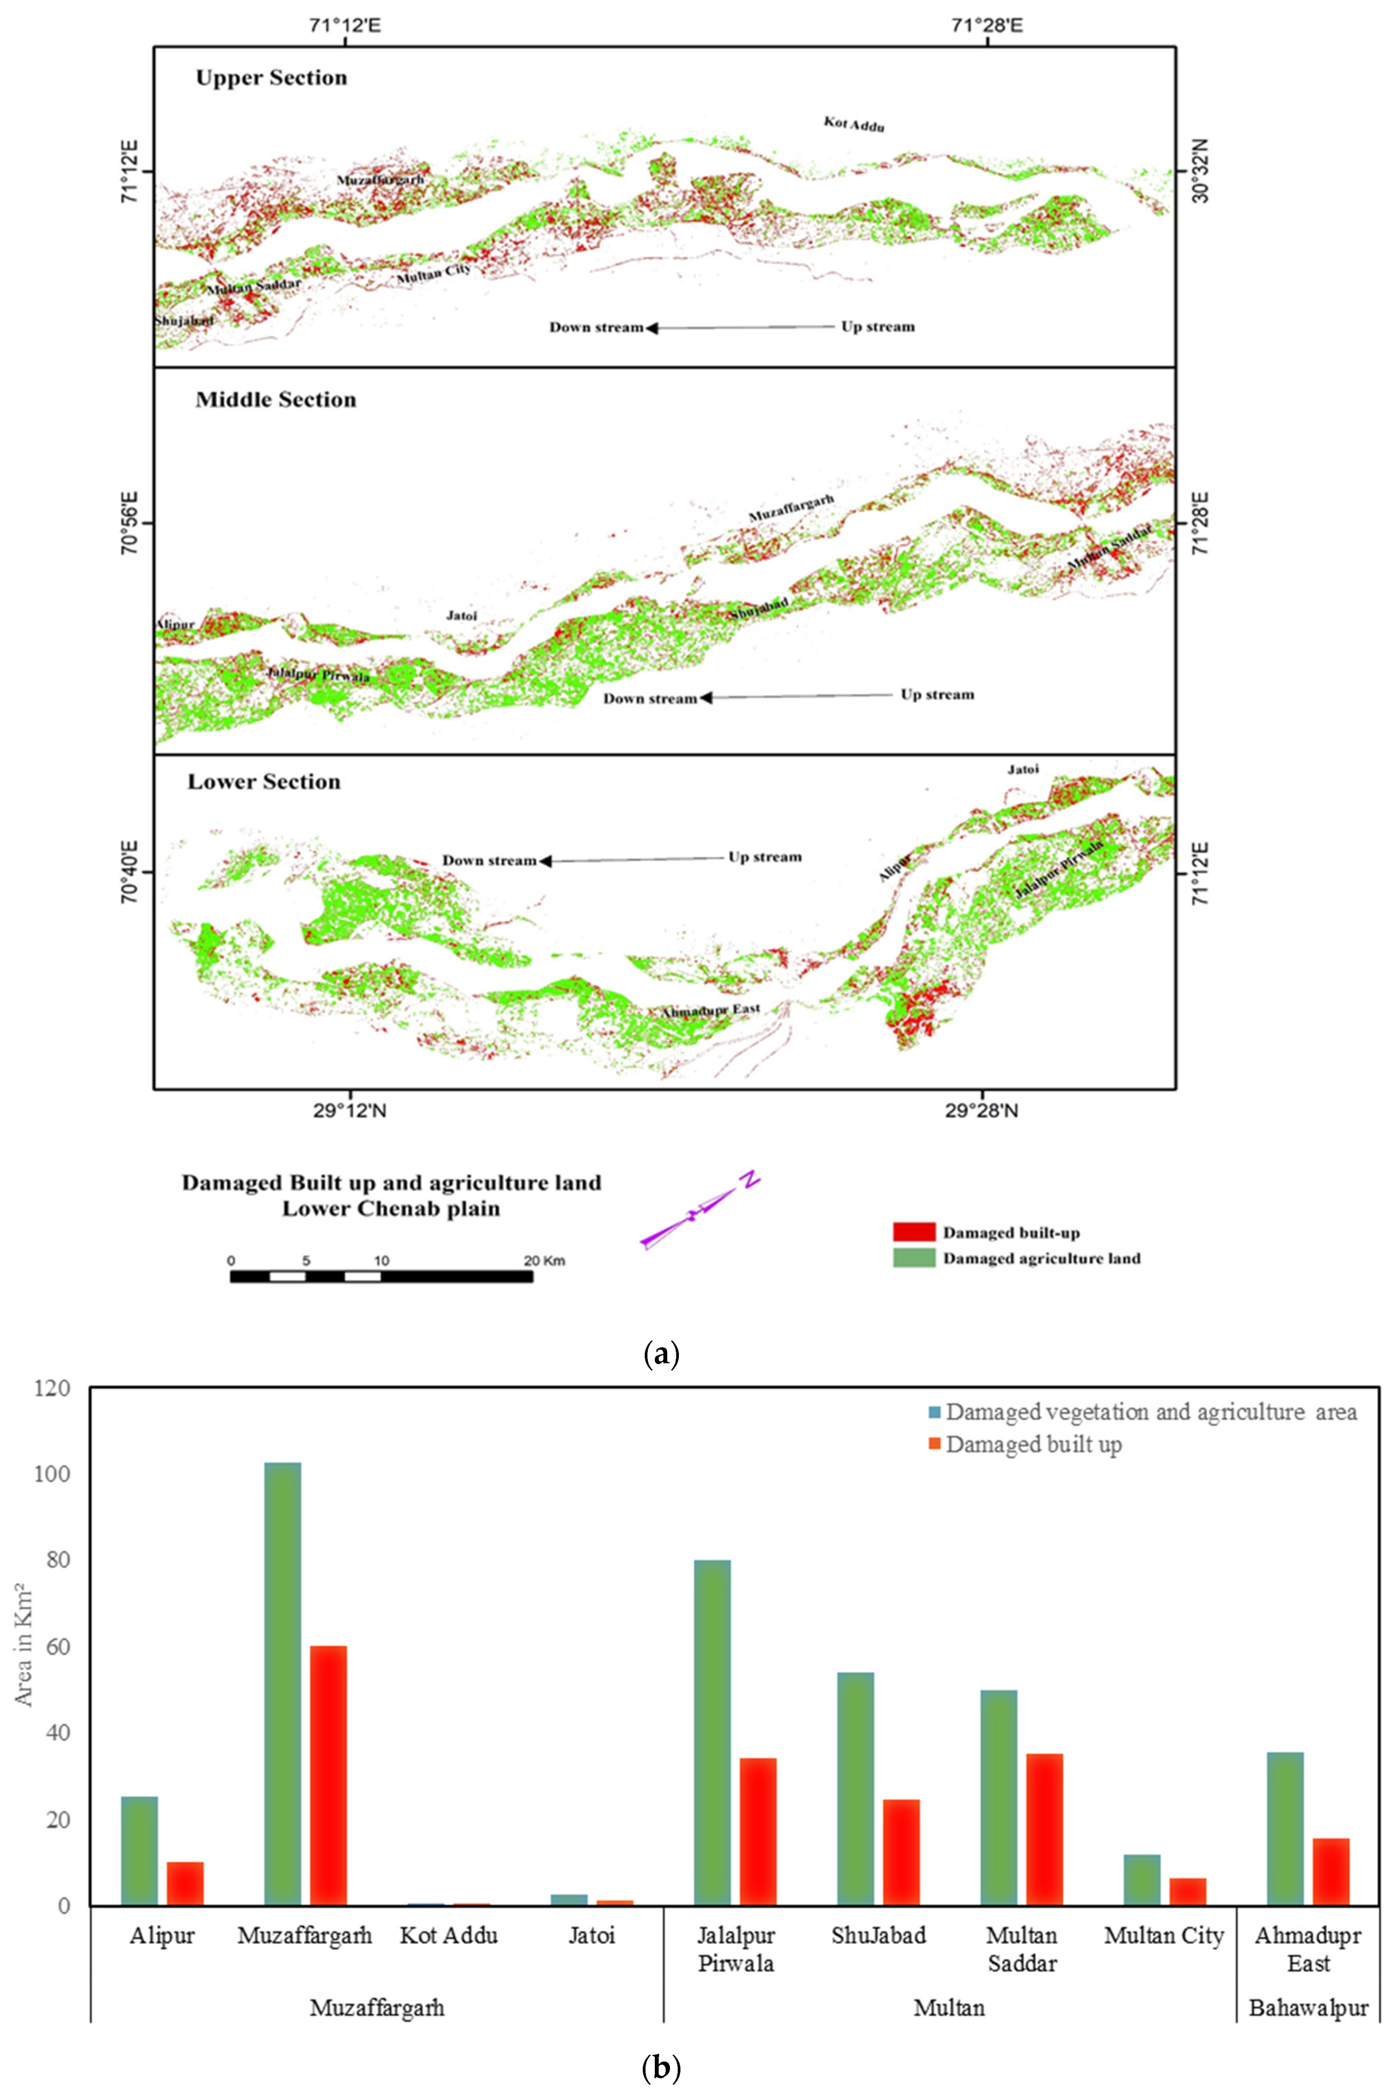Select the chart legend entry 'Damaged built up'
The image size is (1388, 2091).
point(1033,1444)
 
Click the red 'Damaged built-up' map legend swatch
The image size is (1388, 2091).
point(913,1231)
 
